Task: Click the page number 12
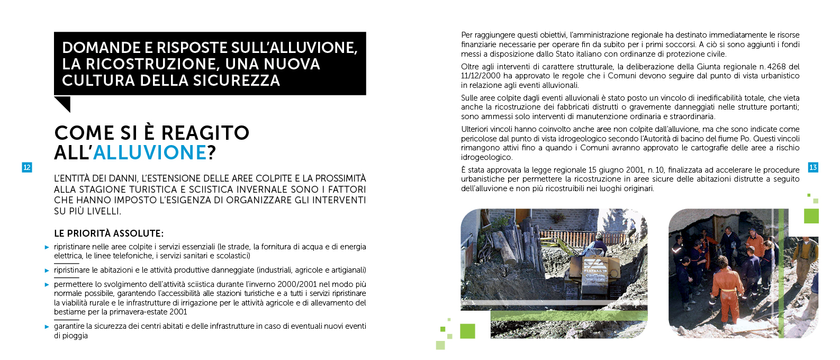(26, 167)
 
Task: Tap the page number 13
(813, 167)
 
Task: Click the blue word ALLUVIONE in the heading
(150, 153)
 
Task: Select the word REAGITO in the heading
(205, 133)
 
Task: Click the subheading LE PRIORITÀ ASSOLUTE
(109, 233)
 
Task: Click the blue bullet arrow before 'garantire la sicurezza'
(47, 327)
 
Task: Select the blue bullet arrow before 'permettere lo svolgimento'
(47, 285)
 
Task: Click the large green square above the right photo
(811, 216)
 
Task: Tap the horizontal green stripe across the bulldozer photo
(569, 316)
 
